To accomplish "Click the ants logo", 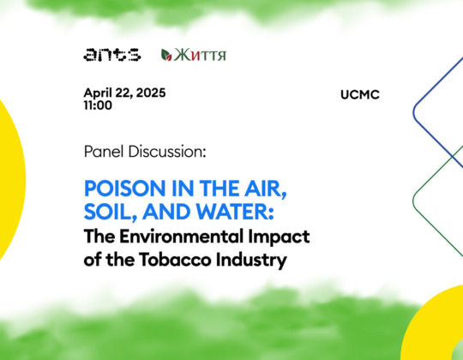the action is (112, 55).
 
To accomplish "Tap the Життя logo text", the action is (200, 55).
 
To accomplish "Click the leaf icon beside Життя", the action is (166, 55).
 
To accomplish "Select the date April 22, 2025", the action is (124, 93).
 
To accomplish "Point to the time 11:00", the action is (98, 105).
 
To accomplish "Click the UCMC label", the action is (360, 95).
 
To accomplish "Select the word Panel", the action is (104, 152).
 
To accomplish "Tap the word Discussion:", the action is (167, 152).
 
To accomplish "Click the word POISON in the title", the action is (125, 189).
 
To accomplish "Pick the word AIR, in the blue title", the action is (266, 189).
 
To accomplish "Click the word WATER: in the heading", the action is (235, 212).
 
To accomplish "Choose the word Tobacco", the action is (176, 260).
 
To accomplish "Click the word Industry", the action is (251, 261).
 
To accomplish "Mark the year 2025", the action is (151, 93).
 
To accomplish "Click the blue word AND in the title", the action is (167, 212).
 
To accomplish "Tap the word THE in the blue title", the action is (219, 189).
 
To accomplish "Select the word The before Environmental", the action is (99, 237).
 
